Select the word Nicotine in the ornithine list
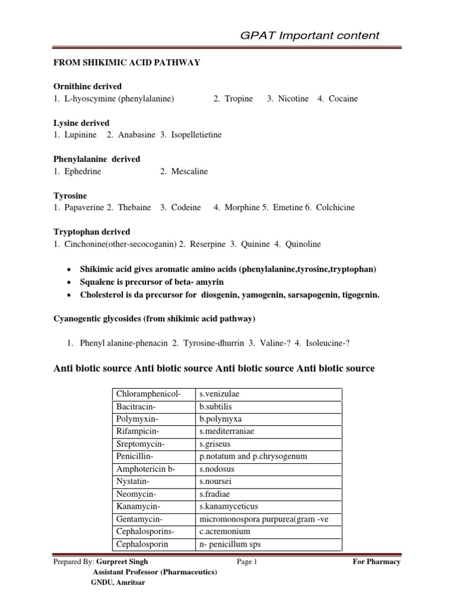click(293, 99)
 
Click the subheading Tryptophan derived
click(92, 232)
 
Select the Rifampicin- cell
click(137, 431)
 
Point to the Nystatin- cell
click(132, 482)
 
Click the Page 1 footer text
click(247, 562)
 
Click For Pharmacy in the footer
click(376, 562)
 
